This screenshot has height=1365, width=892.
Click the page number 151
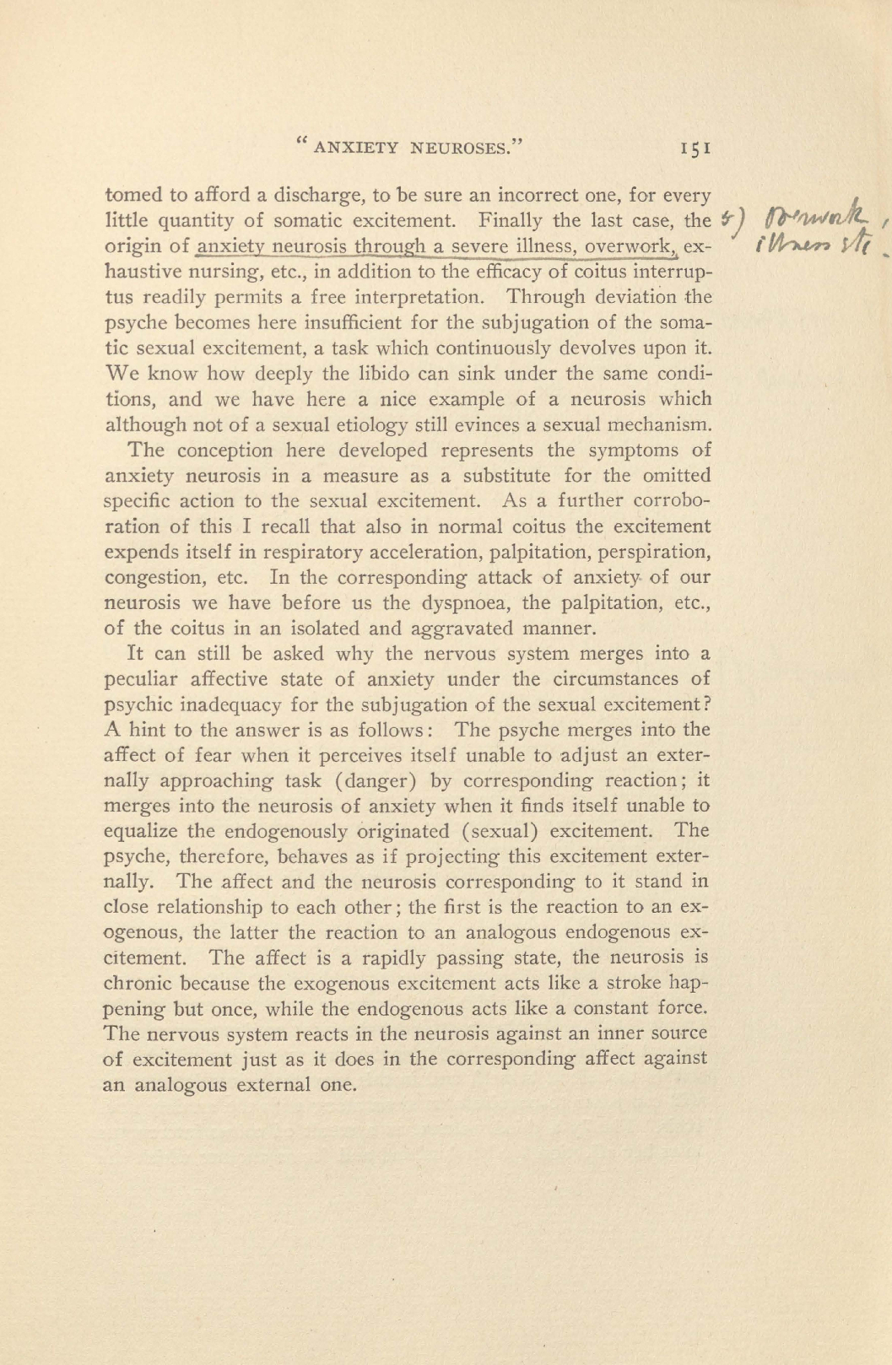click(698, 148)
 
